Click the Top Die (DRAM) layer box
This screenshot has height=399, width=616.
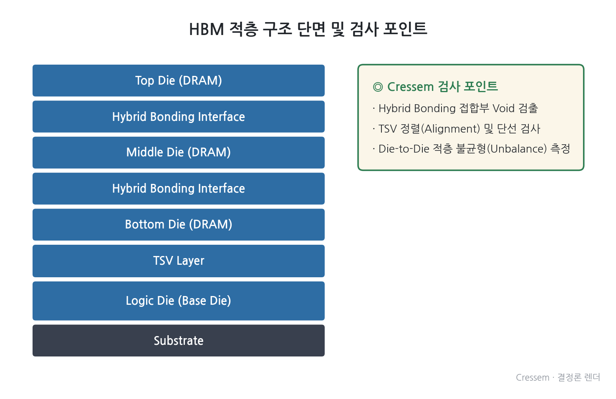point(179,80)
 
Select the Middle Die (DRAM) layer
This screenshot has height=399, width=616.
point(179,153)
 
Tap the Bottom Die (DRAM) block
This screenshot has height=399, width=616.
point(179,224)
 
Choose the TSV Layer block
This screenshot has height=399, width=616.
point(179,261)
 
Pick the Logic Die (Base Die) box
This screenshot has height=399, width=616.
point(179,301)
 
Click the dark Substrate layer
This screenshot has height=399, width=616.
point(179,341)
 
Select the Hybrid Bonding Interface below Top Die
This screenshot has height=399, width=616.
point(179,116)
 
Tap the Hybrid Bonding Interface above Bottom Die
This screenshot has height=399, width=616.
point(179,188)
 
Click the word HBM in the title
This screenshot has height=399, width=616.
point(207,30)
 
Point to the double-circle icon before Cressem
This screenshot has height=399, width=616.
point(378,87)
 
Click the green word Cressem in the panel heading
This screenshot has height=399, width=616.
point(410,87)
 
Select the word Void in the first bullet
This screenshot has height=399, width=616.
point(503,108)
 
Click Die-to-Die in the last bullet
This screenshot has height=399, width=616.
point(404,149)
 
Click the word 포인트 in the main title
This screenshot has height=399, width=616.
point(405,29)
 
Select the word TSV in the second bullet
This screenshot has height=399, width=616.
point(388,128)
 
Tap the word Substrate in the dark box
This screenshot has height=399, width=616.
point(179,341)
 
